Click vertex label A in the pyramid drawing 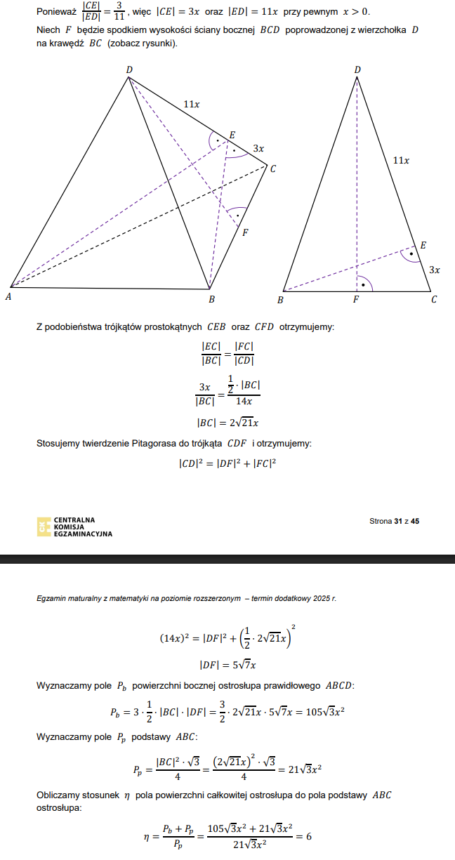[8, 297]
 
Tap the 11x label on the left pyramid [191, 104]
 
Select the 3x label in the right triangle [435, 270]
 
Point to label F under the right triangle [356, 300]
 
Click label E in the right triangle [423, 245]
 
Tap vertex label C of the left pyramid [272, 168]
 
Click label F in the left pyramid [244, 232]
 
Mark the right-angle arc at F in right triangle [364, 284]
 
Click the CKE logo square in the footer [44, 527]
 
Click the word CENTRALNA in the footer [74, 520]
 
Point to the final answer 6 [308, 836]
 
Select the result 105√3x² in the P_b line [324, 712]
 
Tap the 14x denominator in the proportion [244, 402]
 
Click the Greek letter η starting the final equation [147, 836]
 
